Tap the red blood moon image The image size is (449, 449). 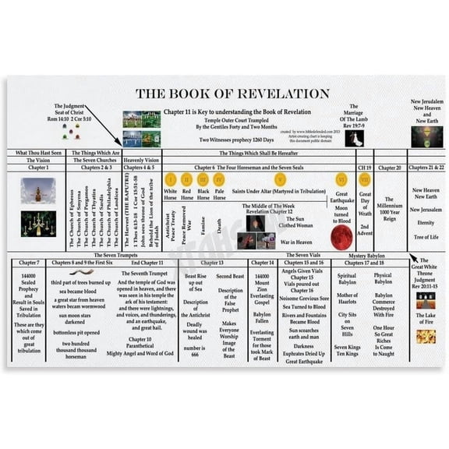(341, 237)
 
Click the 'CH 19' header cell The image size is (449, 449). (364, 167)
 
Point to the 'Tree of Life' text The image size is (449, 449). (426, 237)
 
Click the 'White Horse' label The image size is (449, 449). (170, 193)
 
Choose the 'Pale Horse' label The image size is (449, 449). (220, 193)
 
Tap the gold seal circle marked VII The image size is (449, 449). (364, 180)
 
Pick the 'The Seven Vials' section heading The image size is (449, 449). (302, 255)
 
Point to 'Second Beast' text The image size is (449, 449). (230, 276)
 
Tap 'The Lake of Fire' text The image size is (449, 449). (426, 320)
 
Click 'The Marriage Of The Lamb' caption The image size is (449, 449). (354, 116)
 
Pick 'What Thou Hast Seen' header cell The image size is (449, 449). (38, 153)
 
